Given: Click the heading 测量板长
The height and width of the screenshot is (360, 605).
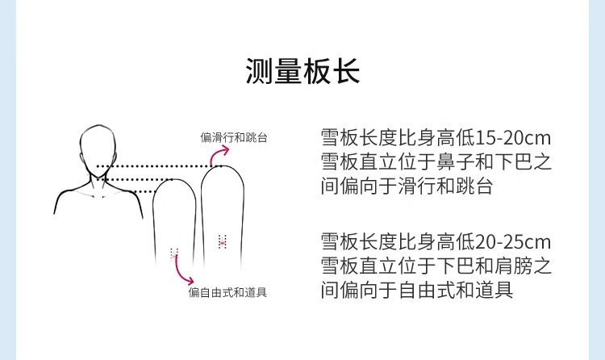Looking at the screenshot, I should click(x=302, y=71).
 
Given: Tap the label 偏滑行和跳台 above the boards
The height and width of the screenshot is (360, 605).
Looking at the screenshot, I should click(x=234, y=137).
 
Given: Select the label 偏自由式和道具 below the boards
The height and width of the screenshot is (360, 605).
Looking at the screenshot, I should click(x=227, y=292).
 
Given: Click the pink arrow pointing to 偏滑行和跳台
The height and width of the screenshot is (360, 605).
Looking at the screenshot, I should click(x=216, y=155).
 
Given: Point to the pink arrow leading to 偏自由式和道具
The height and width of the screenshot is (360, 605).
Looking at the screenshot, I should click(x=182, y=270).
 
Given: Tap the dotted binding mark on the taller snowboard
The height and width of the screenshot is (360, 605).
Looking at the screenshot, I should click(x=223, y=241).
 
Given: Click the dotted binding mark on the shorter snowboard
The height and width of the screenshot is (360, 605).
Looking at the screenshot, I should click(x=174, y=253).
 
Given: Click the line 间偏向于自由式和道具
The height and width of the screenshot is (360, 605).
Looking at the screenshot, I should click(x=416, y=290).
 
